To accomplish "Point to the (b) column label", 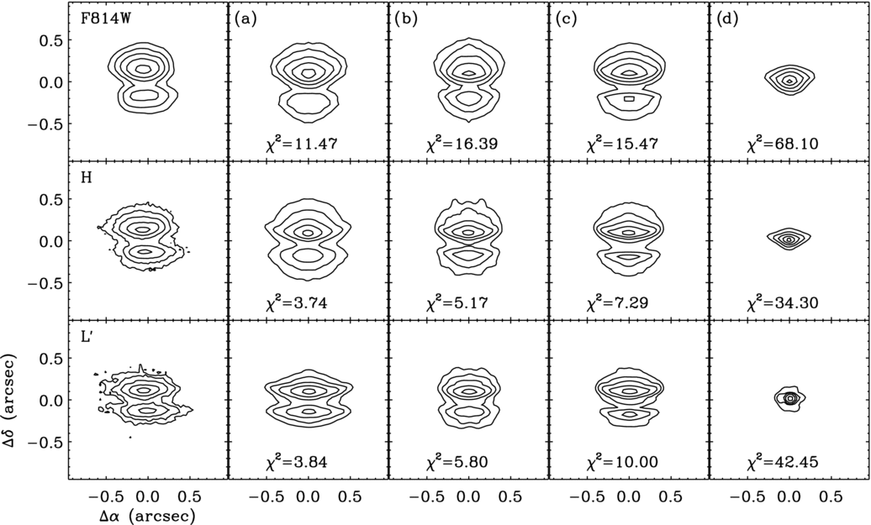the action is tap(404, 17).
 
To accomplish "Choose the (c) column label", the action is tap(564, 17).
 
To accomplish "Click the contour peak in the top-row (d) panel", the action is tap(789, 81).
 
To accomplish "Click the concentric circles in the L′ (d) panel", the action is tap(789, 399).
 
